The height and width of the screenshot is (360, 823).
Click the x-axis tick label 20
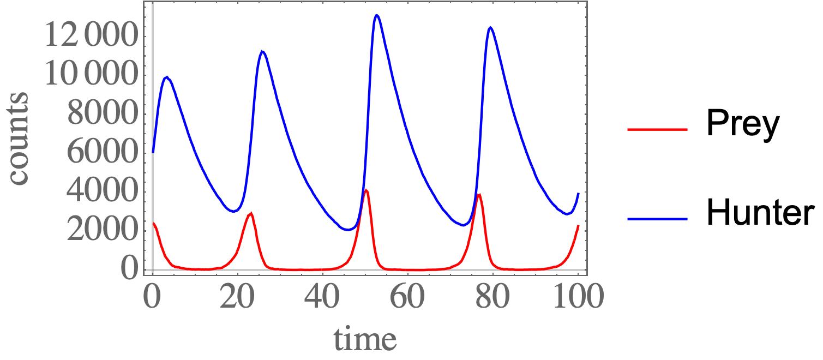[x=237, y=297]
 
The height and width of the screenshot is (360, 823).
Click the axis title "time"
[x=365, y=339]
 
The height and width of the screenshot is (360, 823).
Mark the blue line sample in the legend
[x=657, y=218]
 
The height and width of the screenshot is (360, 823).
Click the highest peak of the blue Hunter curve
[x=376, y=15]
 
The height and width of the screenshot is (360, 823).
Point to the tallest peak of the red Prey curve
[x=366, y=190]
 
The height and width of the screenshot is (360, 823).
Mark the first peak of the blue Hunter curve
[x=167, y=77]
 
